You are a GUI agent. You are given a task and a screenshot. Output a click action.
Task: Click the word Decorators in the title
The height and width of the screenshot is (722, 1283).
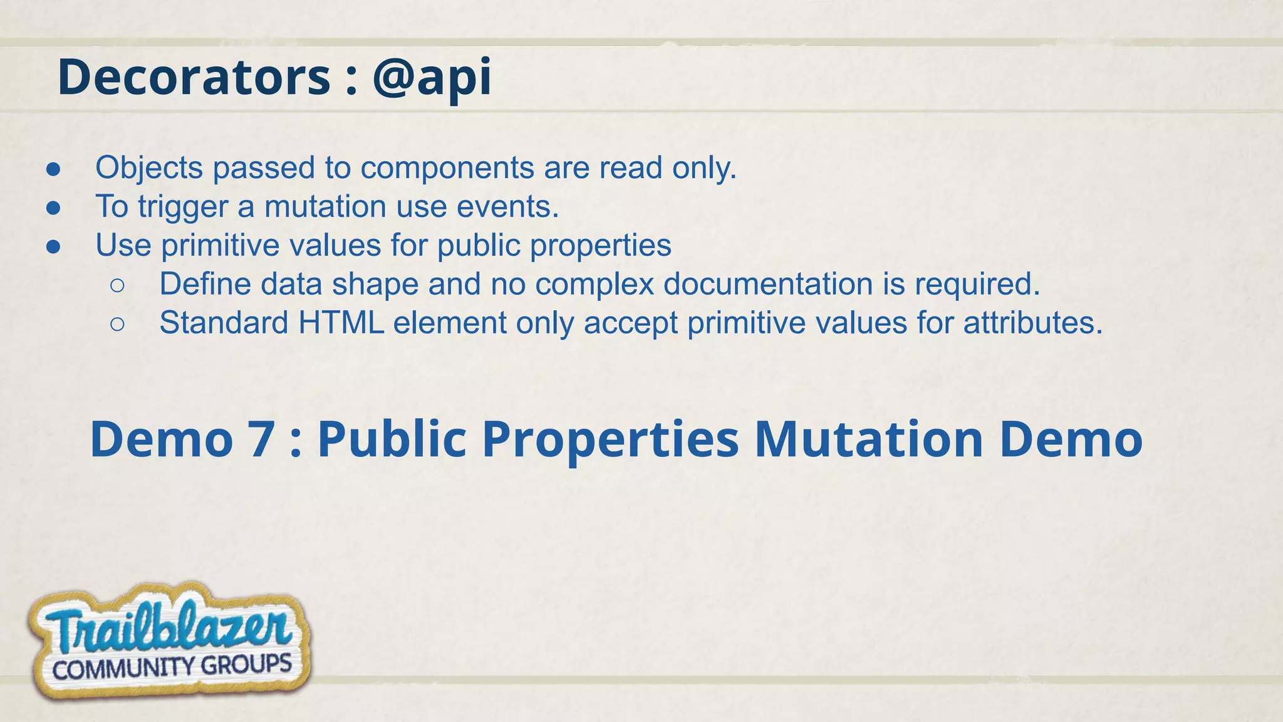(194, 77)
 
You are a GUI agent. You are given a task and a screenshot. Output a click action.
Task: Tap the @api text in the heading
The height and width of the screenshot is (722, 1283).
(432, 77)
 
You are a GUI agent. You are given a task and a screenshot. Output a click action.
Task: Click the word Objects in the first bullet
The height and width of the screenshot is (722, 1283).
(149, 168)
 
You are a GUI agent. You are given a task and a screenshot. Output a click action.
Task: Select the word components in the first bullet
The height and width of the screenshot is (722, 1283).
(447, 168)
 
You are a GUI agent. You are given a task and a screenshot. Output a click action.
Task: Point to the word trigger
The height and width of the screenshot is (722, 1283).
(183, 207)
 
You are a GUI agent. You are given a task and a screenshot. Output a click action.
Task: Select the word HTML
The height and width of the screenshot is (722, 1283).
(341, 323)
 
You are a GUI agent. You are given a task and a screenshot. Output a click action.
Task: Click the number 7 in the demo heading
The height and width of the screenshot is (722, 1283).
(262, 439)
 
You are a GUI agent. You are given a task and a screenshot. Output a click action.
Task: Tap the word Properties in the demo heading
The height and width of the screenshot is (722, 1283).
(611, 439)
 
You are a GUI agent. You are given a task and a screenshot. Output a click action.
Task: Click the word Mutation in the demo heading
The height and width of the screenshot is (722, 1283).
(869, 439)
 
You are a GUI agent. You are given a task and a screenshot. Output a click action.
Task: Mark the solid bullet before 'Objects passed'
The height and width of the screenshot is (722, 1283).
(53, 169)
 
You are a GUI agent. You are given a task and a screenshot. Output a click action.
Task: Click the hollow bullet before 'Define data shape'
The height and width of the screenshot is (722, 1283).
(117, 286)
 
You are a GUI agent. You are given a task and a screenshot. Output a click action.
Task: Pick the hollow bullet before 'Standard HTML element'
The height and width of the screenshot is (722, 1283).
(117, 325)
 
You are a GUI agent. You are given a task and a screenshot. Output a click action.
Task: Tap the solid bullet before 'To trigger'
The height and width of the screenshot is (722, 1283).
(53, 208)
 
